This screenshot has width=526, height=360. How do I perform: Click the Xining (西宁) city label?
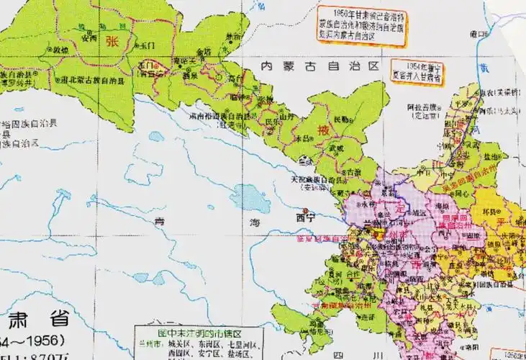pyautogui.click(x=306, y=217)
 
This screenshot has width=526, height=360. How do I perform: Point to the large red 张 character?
pyautogui.click(x=112, y=40)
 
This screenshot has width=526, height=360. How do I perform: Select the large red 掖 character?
pyautogui.click(x=325, y=132)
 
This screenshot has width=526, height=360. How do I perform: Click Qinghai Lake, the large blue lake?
pyautogui.click(x=249, y=196)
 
